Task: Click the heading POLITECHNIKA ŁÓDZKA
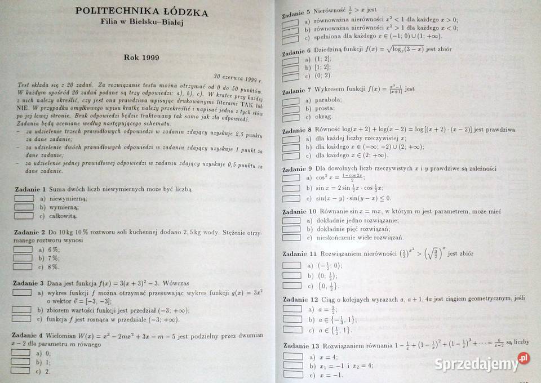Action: click(141, 12)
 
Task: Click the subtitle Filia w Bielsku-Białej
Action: click(141, 23)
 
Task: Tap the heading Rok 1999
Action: click(141, 57)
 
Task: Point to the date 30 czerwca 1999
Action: click(238, 79)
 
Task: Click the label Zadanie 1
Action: click(28, 189)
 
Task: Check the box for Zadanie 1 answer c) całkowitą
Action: click(24, 216)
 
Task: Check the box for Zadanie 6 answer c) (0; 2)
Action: click(290, 76)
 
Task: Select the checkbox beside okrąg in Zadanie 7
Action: click(291, 117)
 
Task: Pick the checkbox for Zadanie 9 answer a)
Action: click(291, 177)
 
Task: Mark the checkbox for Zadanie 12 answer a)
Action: click(292, 309)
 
